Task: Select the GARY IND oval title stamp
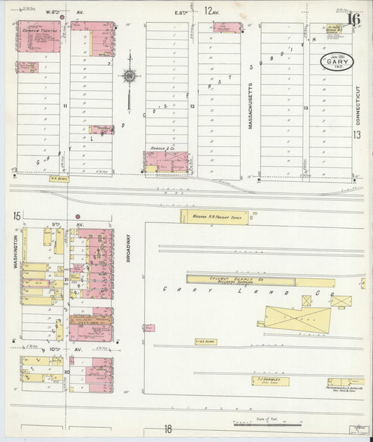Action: coord(337,62)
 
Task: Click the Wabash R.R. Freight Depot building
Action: coord(214,216)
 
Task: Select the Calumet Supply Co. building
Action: coord(241,280)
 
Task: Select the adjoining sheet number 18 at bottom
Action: coord(168,429)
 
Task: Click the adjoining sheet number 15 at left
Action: coord(16,216)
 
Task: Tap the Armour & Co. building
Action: coord(167,162)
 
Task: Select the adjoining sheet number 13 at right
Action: coord(357,134)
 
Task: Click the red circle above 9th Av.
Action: coord(78,216)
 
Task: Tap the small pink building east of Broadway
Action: coord(148,327)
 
